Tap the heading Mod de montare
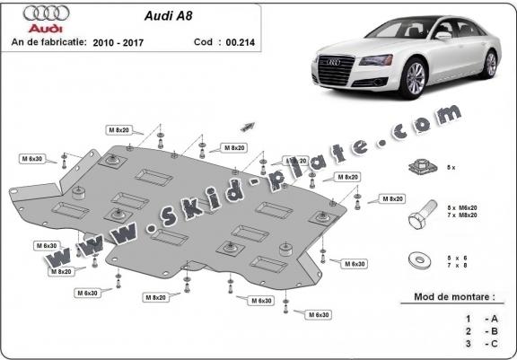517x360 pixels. coord(453,295)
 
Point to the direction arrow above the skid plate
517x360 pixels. coord(247,127)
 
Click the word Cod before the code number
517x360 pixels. coord(202,41)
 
